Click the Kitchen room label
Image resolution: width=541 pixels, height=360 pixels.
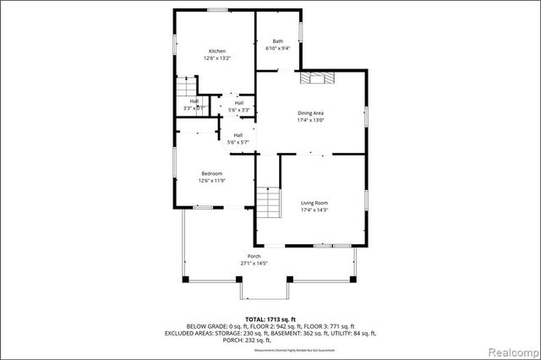tap(218, 51)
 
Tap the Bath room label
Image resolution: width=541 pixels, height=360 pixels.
tap(277, 41)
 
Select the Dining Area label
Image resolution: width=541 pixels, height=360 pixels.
tap(311, 113)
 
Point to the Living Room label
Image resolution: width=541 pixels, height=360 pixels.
tap(314, 203)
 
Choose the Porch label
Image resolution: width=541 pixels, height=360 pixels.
tap(254, 256)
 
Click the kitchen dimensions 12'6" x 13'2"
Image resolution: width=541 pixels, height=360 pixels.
tap(218, 57)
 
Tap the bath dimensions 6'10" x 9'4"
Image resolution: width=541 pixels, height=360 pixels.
tap(277, 48)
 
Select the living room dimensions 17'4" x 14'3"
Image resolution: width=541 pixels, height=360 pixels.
tap(314, 210)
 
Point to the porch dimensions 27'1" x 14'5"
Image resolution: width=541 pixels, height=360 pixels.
tap(254, 264)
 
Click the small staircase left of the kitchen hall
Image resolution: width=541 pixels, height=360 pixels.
tap(186, 89)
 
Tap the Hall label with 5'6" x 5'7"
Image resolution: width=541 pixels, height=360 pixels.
tap(238, 139)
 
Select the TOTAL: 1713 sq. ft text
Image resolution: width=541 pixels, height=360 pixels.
tap(270, 319)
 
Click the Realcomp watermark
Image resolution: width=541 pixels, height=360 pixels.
tap(512, 349)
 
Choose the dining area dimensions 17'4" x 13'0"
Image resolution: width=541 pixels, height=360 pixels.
tap(311, 120)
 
